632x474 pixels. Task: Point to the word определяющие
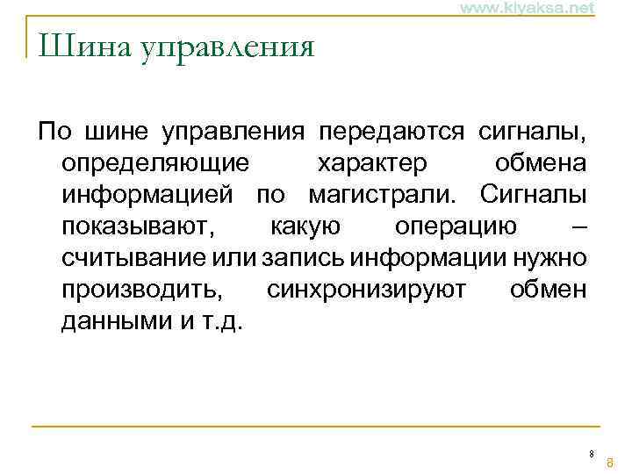tap(154, 164)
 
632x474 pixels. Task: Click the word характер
tap(372, 164)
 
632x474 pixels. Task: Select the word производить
tap(143, 290)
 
